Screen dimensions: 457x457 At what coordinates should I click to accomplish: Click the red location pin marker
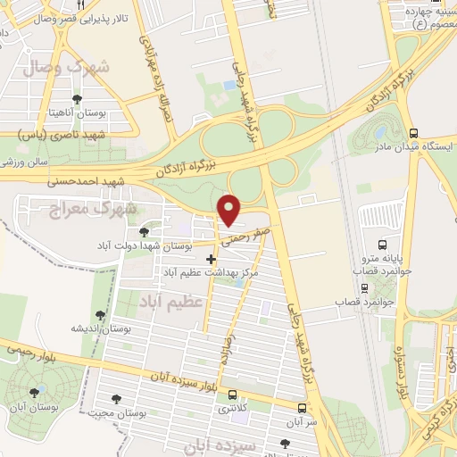click(230, 209)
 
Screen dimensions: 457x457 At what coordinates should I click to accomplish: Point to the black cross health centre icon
click(211, 259)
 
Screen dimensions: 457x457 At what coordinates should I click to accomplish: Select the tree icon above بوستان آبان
click(34, 392)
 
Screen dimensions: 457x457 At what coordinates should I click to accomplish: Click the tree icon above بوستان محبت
click(112, 398)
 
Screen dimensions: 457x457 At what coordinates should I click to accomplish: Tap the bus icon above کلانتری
click(233, 395)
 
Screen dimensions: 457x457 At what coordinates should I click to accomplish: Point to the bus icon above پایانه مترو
click(383, 244)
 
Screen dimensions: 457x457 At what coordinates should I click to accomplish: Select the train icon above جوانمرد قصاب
click(363, 288)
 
